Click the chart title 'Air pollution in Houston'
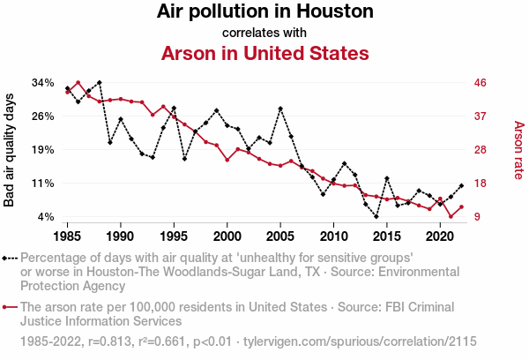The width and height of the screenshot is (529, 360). (x=264, y=12)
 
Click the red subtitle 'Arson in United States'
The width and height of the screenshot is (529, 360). (x=264, y=53)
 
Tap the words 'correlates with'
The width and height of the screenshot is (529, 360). (x=264, y=33)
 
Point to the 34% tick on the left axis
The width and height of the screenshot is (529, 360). (x=43, y=83)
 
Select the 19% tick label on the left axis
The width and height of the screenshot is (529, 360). (x=43, y=150)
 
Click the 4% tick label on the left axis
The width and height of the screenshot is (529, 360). (x=47, y=217)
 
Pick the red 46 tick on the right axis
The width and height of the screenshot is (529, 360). (x=481, y=83)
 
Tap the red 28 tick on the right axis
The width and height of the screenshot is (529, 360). (x=481, y=150)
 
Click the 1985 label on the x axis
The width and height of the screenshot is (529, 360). (x=67, y=236)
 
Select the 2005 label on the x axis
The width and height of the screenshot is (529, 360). (x=280, y=236)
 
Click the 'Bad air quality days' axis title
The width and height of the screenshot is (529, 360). (x=10, y=150)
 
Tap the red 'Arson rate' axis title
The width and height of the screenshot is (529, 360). (x=518, y=150)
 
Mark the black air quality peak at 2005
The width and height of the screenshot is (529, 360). (x=280, y=109)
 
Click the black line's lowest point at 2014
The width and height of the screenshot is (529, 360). (x=376, y=216)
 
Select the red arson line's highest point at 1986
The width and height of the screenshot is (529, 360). (x=78, y=83)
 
